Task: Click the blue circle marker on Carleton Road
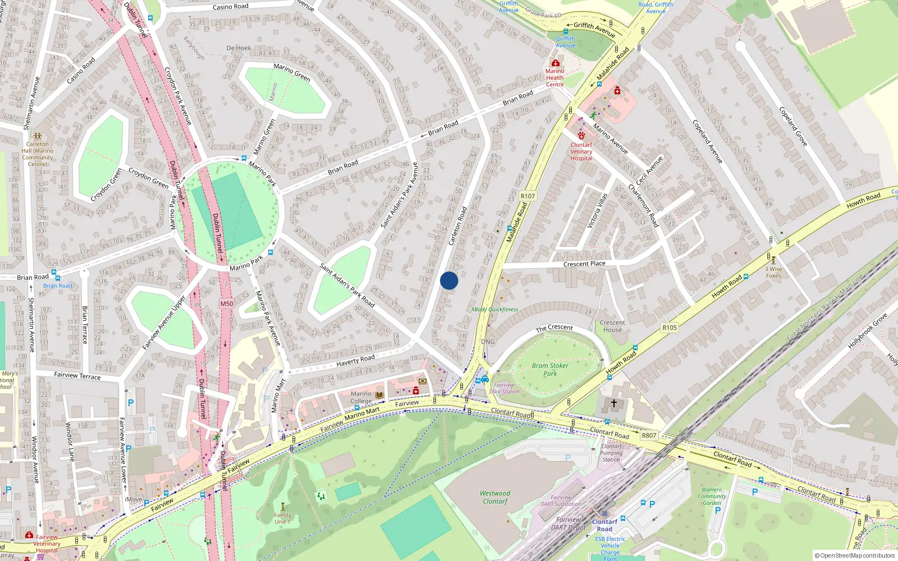449,280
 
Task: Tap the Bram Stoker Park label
550,369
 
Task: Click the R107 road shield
528,196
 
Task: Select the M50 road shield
226,304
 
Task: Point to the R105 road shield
670,328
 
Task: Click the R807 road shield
649,435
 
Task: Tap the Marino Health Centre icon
555,63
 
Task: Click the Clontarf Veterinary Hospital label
581,151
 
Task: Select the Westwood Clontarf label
494,497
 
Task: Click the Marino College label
361,397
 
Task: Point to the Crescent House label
612,326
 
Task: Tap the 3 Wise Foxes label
773,272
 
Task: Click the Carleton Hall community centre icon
38,136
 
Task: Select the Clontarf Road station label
604,525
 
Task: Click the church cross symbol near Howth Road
614,403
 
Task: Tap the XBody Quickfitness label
494,309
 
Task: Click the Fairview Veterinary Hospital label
47,544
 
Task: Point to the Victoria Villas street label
597,210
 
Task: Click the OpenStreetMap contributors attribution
855,556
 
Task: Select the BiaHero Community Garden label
712,496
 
